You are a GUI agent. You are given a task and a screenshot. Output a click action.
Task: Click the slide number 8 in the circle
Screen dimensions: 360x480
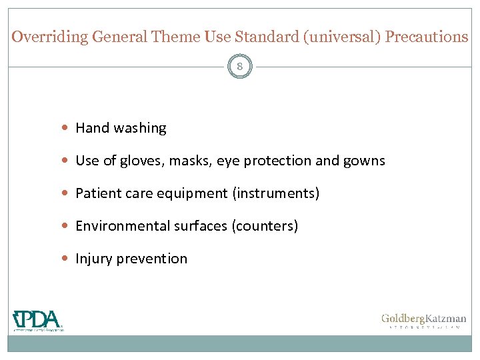pos(240,67)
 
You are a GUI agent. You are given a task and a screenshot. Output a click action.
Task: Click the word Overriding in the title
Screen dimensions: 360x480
pos(50,37)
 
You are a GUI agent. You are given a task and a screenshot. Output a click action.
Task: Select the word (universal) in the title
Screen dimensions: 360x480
pos(341,37)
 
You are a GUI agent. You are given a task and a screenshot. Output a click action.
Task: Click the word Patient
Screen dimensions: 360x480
pos(97,193)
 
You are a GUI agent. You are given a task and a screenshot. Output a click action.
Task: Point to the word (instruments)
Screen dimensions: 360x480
pos(276,193)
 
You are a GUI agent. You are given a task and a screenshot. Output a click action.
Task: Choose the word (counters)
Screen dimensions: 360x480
pos(265,226)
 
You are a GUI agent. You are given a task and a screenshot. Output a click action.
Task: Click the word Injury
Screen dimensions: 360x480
pos(94,259)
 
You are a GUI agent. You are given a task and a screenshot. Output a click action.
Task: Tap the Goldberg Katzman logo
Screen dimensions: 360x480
pos(423,321)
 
